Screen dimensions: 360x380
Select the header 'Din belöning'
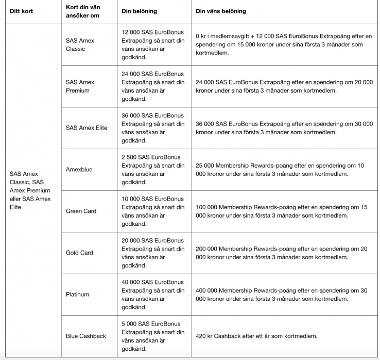click(139, 11)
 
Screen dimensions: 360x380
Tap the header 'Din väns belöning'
click(221, 11)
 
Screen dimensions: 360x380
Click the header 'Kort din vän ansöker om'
click(83, 11)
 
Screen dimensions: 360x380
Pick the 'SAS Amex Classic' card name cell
click(80, 44)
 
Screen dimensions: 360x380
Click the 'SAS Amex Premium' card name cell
click(80, 86)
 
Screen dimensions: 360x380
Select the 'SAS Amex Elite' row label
click(87, 128)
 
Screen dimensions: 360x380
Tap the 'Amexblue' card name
click(79, 169)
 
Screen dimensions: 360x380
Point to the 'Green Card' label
click(81, 211)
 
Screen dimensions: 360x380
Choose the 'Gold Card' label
click(79, 253)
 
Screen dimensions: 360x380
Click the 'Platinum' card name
click(77, 294)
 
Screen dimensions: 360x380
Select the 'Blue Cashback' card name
click(85, 336)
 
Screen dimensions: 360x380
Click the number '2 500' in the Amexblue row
click(130, 157)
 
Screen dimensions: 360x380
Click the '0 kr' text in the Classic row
click(201, 37)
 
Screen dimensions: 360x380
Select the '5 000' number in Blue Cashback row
click(130, 323)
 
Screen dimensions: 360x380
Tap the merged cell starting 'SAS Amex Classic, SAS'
click(30, 186)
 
